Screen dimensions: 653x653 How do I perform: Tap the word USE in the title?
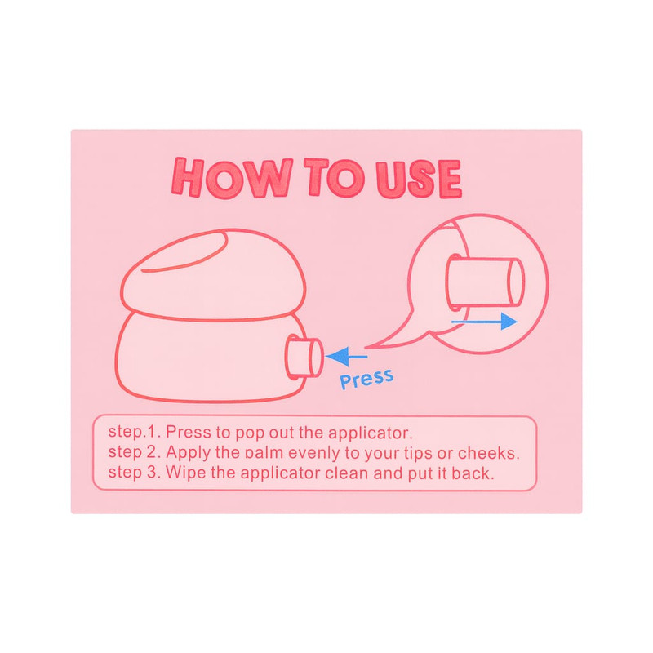419,179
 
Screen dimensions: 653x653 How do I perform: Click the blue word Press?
366,379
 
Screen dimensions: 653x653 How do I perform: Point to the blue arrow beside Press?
346,357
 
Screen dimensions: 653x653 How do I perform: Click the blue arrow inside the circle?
484,322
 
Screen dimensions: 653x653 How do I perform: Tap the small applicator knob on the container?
304,358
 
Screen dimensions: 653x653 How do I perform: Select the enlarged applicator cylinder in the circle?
485,282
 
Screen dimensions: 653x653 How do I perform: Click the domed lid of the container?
213,275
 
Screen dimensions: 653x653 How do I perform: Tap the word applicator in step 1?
368,433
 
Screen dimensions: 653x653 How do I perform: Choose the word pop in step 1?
250,433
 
